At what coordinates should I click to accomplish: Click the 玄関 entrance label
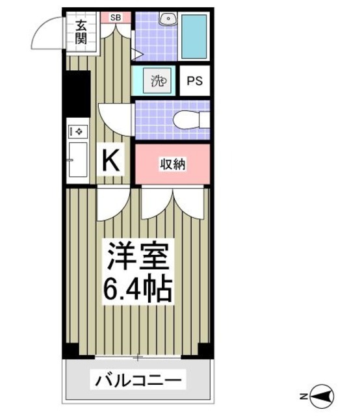coord(81,33)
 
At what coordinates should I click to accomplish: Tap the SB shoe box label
coord(115,17)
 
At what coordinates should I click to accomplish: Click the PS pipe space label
coord(194,81)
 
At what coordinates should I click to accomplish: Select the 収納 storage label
coord(173,164)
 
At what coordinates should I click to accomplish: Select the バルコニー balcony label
coord(138,379)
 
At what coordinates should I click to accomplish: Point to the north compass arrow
coord(323,395)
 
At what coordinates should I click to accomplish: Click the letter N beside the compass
coord(303,395)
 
